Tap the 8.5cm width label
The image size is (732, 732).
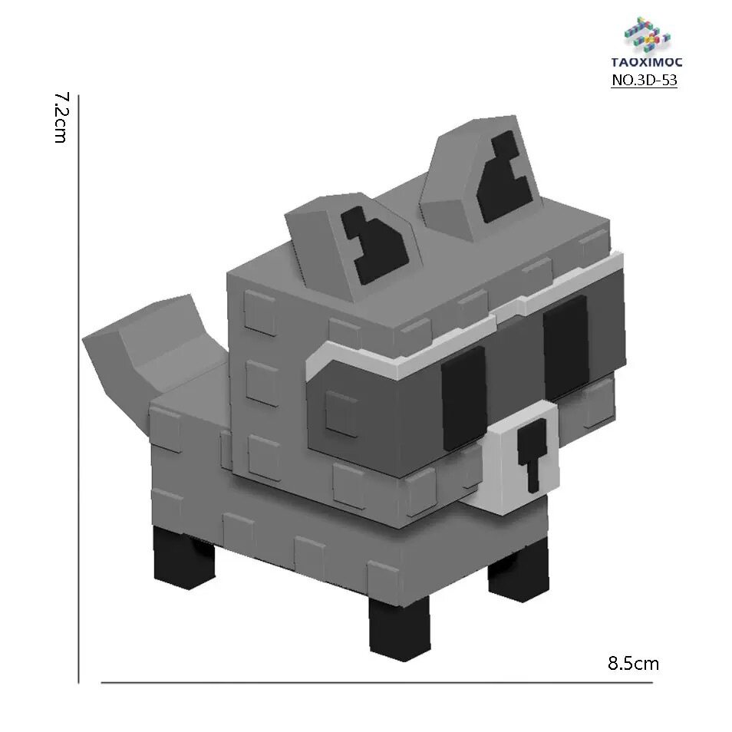click(633, 663)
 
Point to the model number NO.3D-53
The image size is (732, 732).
click(644, 80)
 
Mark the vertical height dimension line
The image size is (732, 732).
click(79, 384)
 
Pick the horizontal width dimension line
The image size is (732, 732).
click(376, 682)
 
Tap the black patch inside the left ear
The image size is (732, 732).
click(374, 244)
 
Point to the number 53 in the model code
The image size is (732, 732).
click(668, 80)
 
